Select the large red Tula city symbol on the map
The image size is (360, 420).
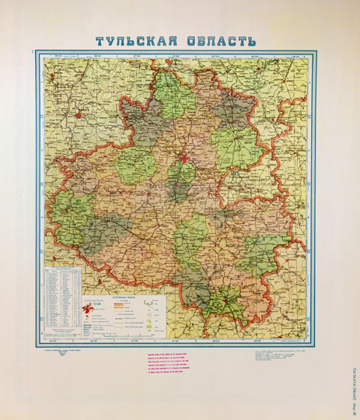(x=184, y=161)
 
